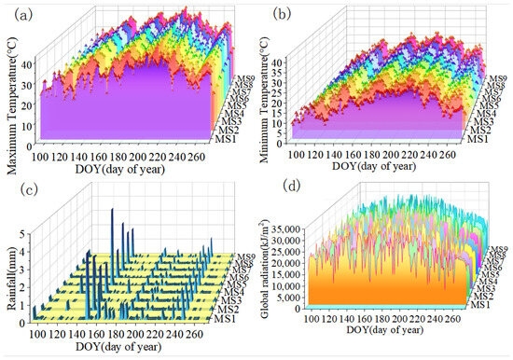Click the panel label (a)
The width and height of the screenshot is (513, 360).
click(x=16, y=13)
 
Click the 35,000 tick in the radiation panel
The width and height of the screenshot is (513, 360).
click(x=296, y=227)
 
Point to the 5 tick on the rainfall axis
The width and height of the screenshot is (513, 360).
click(x=25, y=224)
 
